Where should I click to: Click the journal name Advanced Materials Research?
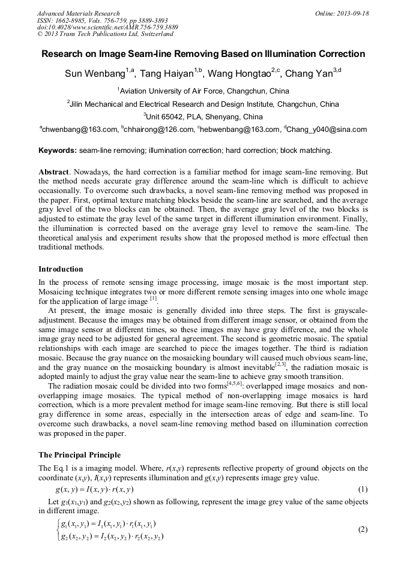(78, 13)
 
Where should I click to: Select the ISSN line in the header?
(100, 20)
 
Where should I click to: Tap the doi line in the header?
(107, 28)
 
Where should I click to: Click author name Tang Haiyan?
(169, 74)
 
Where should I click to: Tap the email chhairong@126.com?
(158, 130)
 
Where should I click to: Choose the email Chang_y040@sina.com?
(327, 130)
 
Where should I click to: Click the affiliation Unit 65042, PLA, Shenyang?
(203, 117)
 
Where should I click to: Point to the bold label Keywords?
(58, 150)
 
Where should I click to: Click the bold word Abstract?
(53, 172)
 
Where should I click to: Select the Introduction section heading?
(61, 269)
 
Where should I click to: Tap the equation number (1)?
(362, 489)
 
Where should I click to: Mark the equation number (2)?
(362, 530)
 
